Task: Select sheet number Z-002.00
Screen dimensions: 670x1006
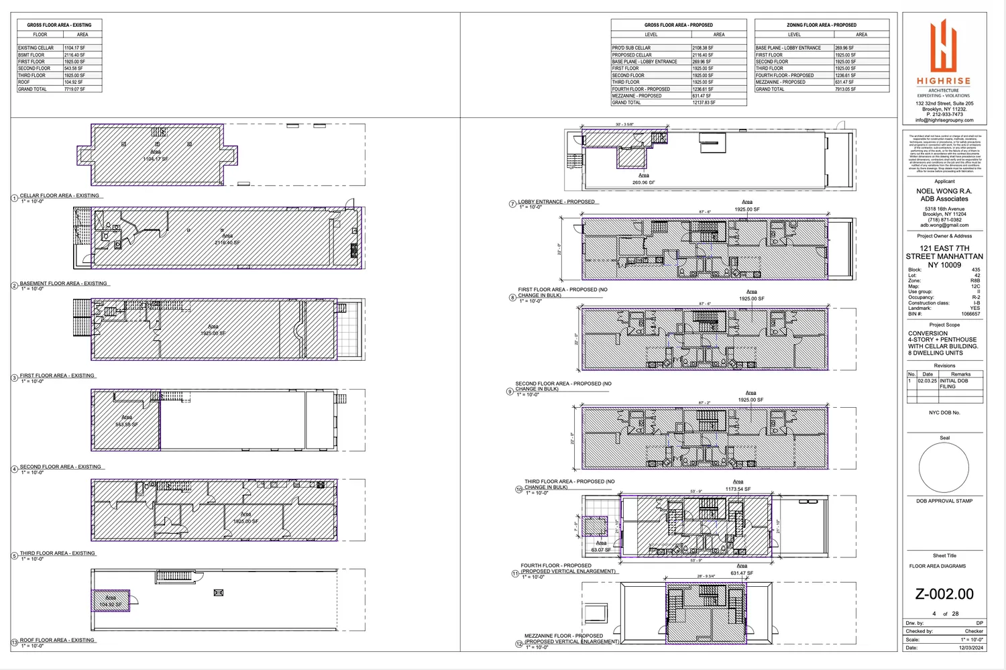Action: [944, 594]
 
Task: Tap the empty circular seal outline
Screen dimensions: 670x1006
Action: [944, 468]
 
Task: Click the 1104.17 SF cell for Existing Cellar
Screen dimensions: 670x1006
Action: [74, 48]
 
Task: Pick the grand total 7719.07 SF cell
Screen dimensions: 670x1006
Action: [74, 89]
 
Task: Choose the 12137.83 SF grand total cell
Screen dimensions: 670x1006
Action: [704, 103]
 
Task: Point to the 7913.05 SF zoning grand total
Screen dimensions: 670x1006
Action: [845, 89]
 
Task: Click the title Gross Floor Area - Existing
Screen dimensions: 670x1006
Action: [59, 25]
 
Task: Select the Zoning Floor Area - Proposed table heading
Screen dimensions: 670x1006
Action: [821, 25]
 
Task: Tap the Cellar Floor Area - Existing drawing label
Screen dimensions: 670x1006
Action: [59, 196]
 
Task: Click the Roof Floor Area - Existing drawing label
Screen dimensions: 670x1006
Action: [57, 640]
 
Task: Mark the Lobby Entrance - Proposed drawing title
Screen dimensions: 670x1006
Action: [556, 202]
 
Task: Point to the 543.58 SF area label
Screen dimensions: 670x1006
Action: [126, 425]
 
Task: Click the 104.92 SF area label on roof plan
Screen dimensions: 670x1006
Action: [111, 605]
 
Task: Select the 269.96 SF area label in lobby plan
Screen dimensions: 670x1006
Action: [643, 182]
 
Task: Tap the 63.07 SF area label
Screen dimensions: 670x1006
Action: [601, 550]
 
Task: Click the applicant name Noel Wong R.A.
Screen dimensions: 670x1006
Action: [944, 191]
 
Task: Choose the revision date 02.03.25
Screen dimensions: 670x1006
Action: [927, 381]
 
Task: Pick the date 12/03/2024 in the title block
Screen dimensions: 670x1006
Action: [970, 648]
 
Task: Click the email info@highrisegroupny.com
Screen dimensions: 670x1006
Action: [944, 120]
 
